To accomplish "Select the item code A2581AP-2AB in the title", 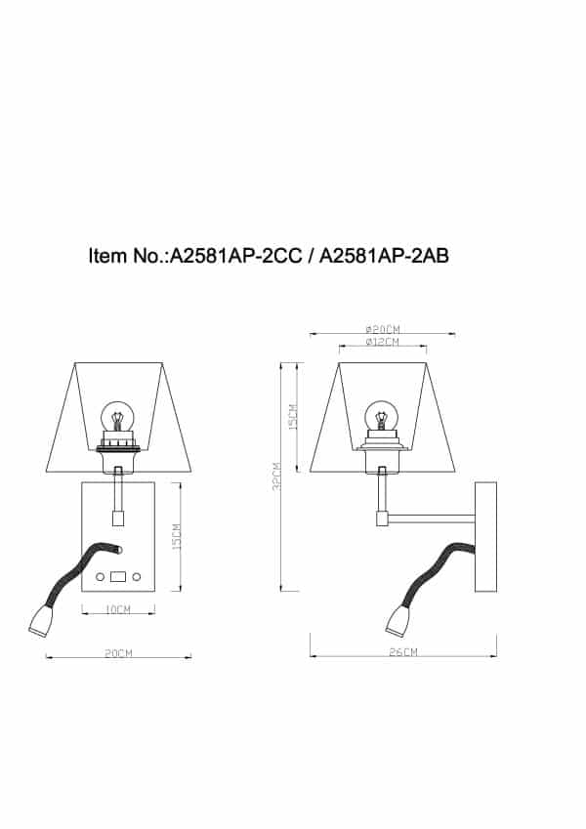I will click(385, 257).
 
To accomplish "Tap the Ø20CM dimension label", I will click(383, 329).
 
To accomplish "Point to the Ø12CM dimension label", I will click(383, 342).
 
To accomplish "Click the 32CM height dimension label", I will click(277, 477).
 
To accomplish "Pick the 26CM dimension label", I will click(402, 651).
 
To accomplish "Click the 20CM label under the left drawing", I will click(118, 652).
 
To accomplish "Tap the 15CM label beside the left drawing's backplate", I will click(176, 536).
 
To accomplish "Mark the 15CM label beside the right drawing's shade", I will click(294, 416).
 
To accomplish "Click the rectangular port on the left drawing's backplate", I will click(118, 577).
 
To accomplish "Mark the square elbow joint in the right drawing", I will click(381, 518).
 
